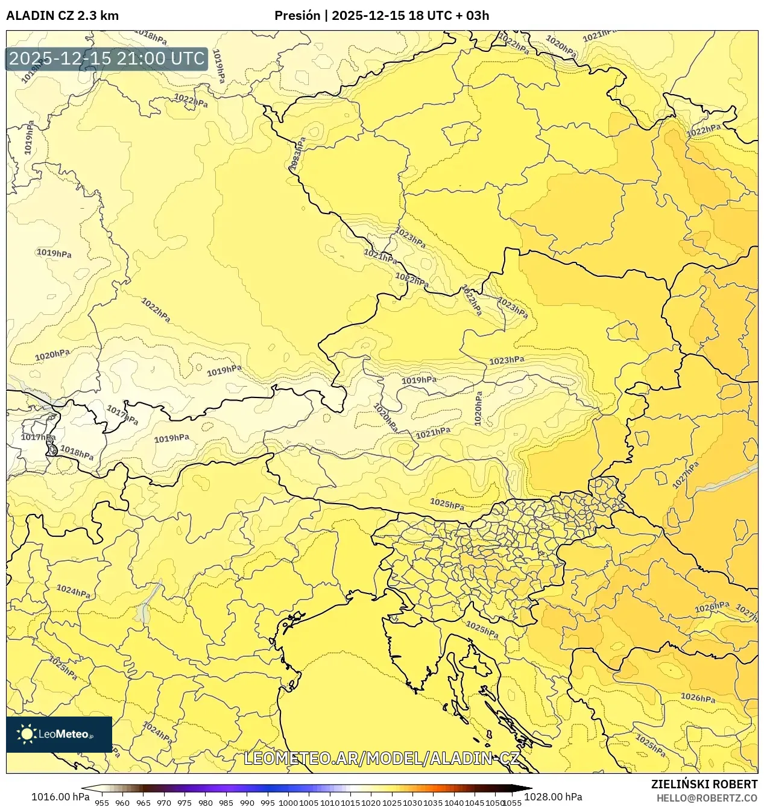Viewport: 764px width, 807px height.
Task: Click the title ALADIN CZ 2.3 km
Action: click(62, 16)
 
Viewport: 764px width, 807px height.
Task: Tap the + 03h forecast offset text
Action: click(473, 16)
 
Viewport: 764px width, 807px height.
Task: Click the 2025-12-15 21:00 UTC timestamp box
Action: click(107, 59)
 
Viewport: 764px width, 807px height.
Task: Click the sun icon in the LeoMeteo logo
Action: click(27, 734)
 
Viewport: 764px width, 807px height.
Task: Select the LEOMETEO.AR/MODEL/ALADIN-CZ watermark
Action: click(381, 759)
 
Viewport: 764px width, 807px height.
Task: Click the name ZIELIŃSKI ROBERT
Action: click(704, 785)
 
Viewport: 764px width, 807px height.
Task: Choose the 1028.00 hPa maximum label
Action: click(552, 797)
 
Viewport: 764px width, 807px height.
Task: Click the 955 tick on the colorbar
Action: click(102, 803)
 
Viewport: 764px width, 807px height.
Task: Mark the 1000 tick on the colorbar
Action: click(288, 803)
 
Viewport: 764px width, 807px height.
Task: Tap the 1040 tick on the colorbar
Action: click(453, 803)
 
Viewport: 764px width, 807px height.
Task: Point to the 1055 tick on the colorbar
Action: click(512, 803)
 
